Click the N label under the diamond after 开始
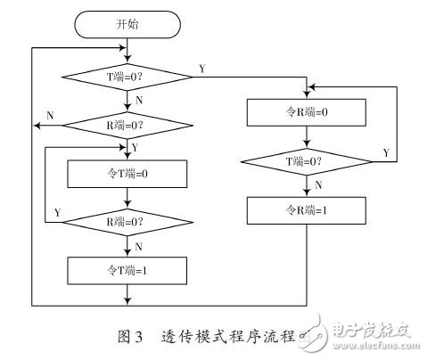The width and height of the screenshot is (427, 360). pos(139,102)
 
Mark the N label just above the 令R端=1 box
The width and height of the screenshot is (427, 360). pos(317,186)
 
